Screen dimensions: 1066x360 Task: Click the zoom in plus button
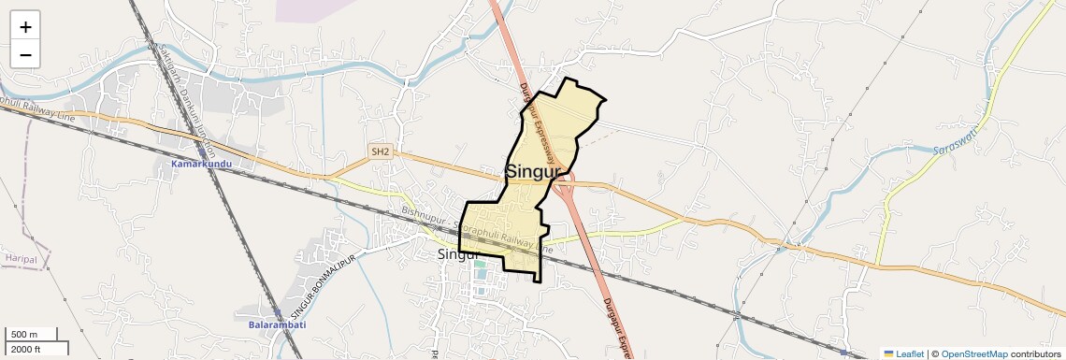pyautogui.click(x=25, y=27)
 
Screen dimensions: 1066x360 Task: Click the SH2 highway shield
pyautogui.click(x=380, y=151)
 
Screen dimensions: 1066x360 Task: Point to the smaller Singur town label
pyautogui.click(x=458, y=253)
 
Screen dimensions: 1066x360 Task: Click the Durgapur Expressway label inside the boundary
pyautogui.click(x=539, y=126)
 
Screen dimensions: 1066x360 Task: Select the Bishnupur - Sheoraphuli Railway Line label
pyautogui.click(x=477, y=231)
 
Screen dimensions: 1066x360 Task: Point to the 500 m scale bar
pyautogui.click(x=31, y=335)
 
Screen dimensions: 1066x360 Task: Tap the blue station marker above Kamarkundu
pyautogui.click(x=201, y=151)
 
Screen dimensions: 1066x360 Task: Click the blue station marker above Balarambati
pyautogui.click(x=277, y=313)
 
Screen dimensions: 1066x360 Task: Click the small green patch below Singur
pyautogui.click(x=480, y=265)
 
